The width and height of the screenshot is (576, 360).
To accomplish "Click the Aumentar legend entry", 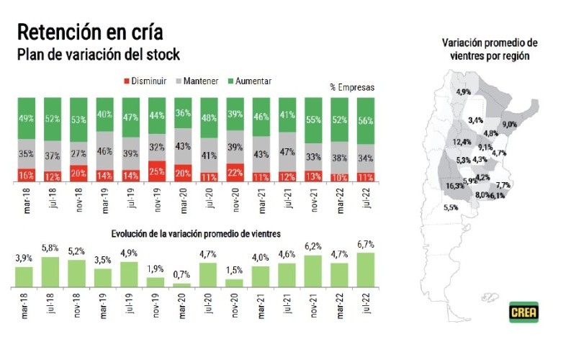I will [250, 81].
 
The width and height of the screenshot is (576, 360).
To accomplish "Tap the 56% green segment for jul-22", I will [366, 120].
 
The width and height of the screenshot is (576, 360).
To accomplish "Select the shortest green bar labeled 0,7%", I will [183, 285].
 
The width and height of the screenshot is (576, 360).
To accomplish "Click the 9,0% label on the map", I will [510, 125].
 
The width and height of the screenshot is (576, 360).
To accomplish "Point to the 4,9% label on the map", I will [463, 92].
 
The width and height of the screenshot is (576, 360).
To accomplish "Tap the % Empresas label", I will [353, 87].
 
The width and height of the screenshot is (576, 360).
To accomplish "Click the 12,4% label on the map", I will [462, 141].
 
